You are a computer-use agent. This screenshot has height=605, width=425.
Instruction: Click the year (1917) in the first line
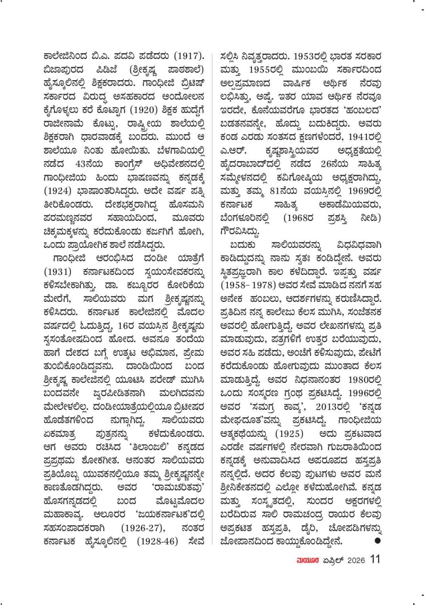click(x=190, y=56)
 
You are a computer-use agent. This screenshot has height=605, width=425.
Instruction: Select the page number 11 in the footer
click(x=375, y=559)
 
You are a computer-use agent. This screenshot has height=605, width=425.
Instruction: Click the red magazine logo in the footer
click(x=307, y=560)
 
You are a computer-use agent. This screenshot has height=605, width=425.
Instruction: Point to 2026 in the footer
click(x=356, y=560)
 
